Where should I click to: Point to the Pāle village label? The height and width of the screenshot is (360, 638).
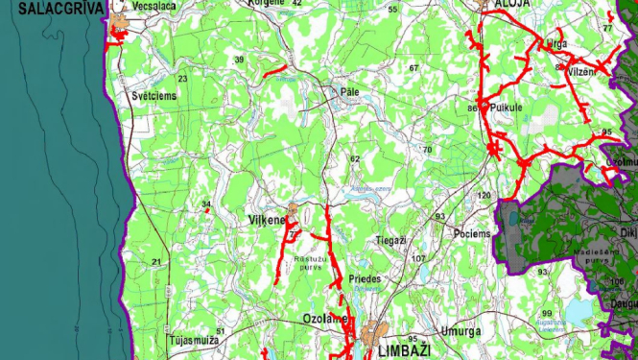(350, 92)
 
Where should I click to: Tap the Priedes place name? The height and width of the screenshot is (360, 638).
(366, 278)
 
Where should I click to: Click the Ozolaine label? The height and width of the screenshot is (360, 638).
(323, 318)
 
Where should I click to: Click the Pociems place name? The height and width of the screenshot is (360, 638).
(471, 234)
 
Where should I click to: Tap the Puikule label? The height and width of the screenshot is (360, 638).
(506, 108)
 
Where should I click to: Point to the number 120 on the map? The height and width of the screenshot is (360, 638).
(484, 196)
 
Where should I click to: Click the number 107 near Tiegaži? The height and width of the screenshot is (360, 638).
(417, 258)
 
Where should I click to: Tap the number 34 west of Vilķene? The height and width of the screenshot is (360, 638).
(205, 204)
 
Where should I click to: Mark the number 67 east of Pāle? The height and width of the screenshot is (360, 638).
(414, 67)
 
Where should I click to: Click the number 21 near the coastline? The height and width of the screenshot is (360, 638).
(156, 261)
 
